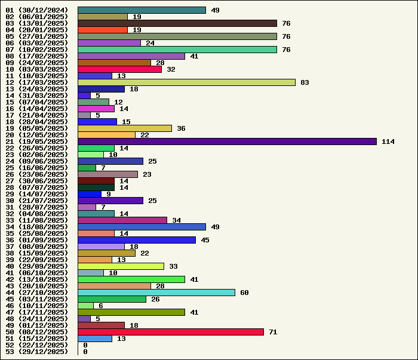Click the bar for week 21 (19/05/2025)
point(227,141)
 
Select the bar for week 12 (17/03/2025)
point(186,82)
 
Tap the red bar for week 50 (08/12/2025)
point(171,332)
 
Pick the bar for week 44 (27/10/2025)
point(156,293)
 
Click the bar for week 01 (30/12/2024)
point(142,10)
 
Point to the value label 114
point(388,141)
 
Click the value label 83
point(305,82)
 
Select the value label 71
point(273,332)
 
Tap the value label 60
point(244,293)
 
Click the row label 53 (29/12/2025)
point(37,352)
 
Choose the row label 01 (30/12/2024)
point(37,10)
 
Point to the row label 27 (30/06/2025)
point(37,181)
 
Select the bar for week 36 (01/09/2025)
point(137,240)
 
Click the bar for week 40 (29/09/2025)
point(121,266)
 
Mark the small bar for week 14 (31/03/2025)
point(84,96)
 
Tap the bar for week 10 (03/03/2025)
point(119,69)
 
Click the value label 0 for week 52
point(85,345)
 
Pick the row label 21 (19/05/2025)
point(37,141)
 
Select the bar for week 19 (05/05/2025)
point(125,128)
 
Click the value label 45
point(204,240)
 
